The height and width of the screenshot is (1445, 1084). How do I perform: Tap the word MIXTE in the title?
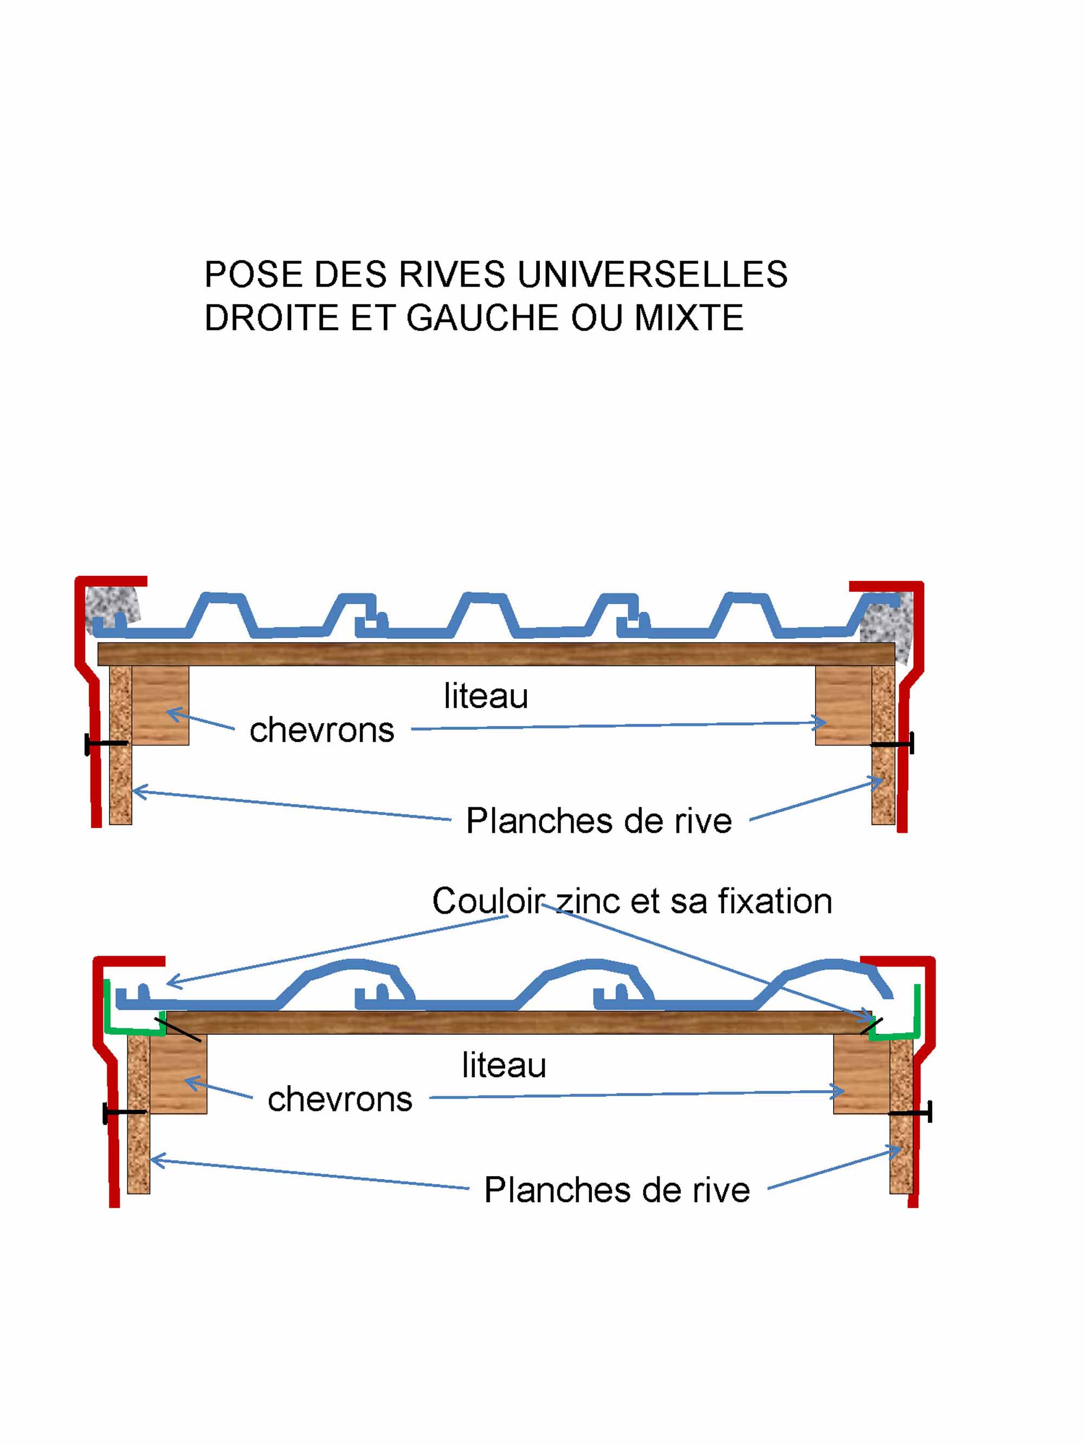[689, 318]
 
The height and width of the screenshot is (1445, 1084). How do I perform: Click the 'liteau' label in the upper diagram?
[486, 696]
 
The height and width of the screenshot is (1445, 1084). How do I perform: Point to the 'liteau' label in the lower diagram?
[504, 1065]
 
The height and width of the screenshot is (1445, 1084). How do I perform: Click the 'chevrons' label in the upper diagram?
[321, 730]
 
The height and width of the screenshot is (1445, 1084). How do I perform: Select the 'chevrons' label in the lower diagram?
[340, 1099]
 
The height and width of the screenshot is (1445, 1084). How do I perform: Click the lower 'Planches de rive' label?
[617, 1190]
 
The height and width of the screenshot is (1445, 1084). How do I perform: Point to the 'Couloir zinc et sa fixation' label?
[632, 902]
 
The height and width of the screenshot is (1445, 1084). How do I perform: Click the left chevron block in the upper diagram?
[160, 705]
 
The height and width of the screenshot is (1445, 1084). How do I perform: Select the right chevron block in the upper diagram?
[843, 705]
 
